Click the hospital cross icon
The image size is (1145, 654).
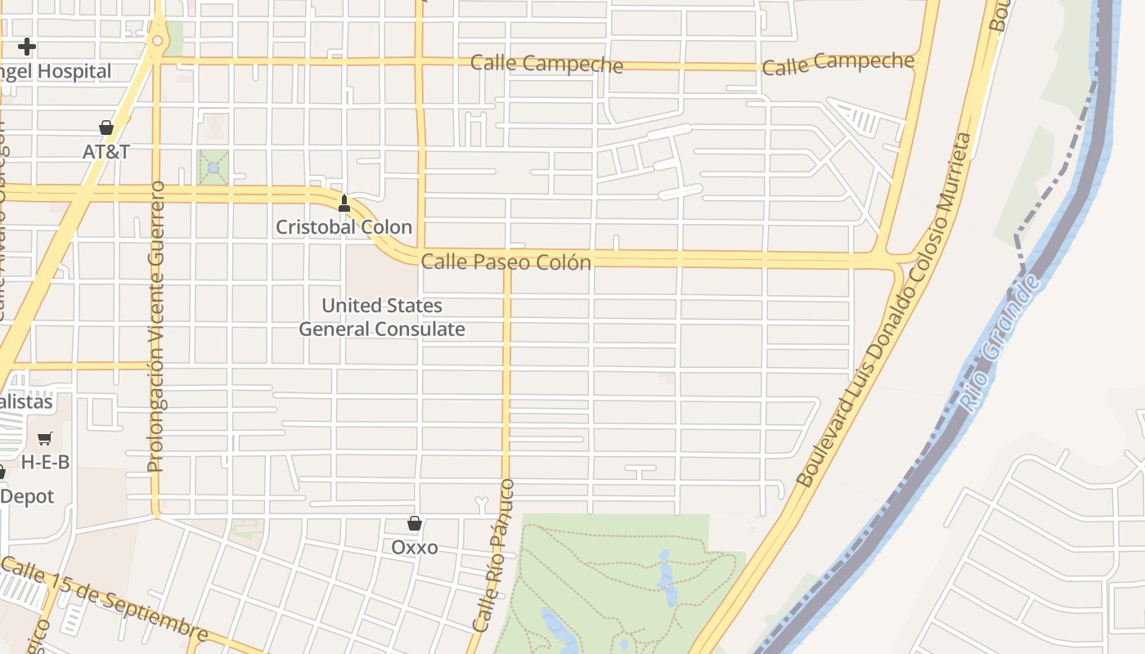pyautogui.click(x=27, y=46)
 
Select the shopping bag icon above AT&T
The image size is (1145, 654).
pyautogui.click(x=106, y=128)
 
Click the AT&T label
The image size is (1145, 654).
pyautogui.click(x=106, y=151)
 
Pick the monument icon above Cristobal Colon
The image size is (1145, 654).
pyautogui.click(x=344, y=203)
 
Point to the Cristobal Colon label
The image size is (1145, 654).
pyautogui.click(x=343, y=226)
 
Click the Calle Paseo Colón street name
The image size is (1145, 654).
pyautogui.click(x=505, y=262)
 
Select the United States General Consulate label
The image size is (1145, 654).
pyautogui.click(x=382, y=317)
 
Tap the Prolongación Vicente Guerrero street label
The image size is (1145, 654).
pyautogui.click(x=156, y=327)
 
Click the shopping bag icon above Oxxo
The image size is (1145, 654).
pyautogui.click(x=415, y=523)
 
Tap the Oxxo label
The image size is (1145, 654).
pyautogui.click(x=415, y=547)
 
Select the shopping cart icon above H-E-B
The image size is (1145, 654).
pyautogui.click(x=45, y=439)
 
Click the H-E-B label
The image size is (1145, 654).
pyautogui.click(x=45, y=462)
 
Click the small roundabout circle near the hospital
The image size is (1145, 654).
pyautogui.click(x=157, y=40)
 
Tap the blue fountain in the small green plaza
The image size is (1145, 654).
pyautogui.click(x=213, y=168)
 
